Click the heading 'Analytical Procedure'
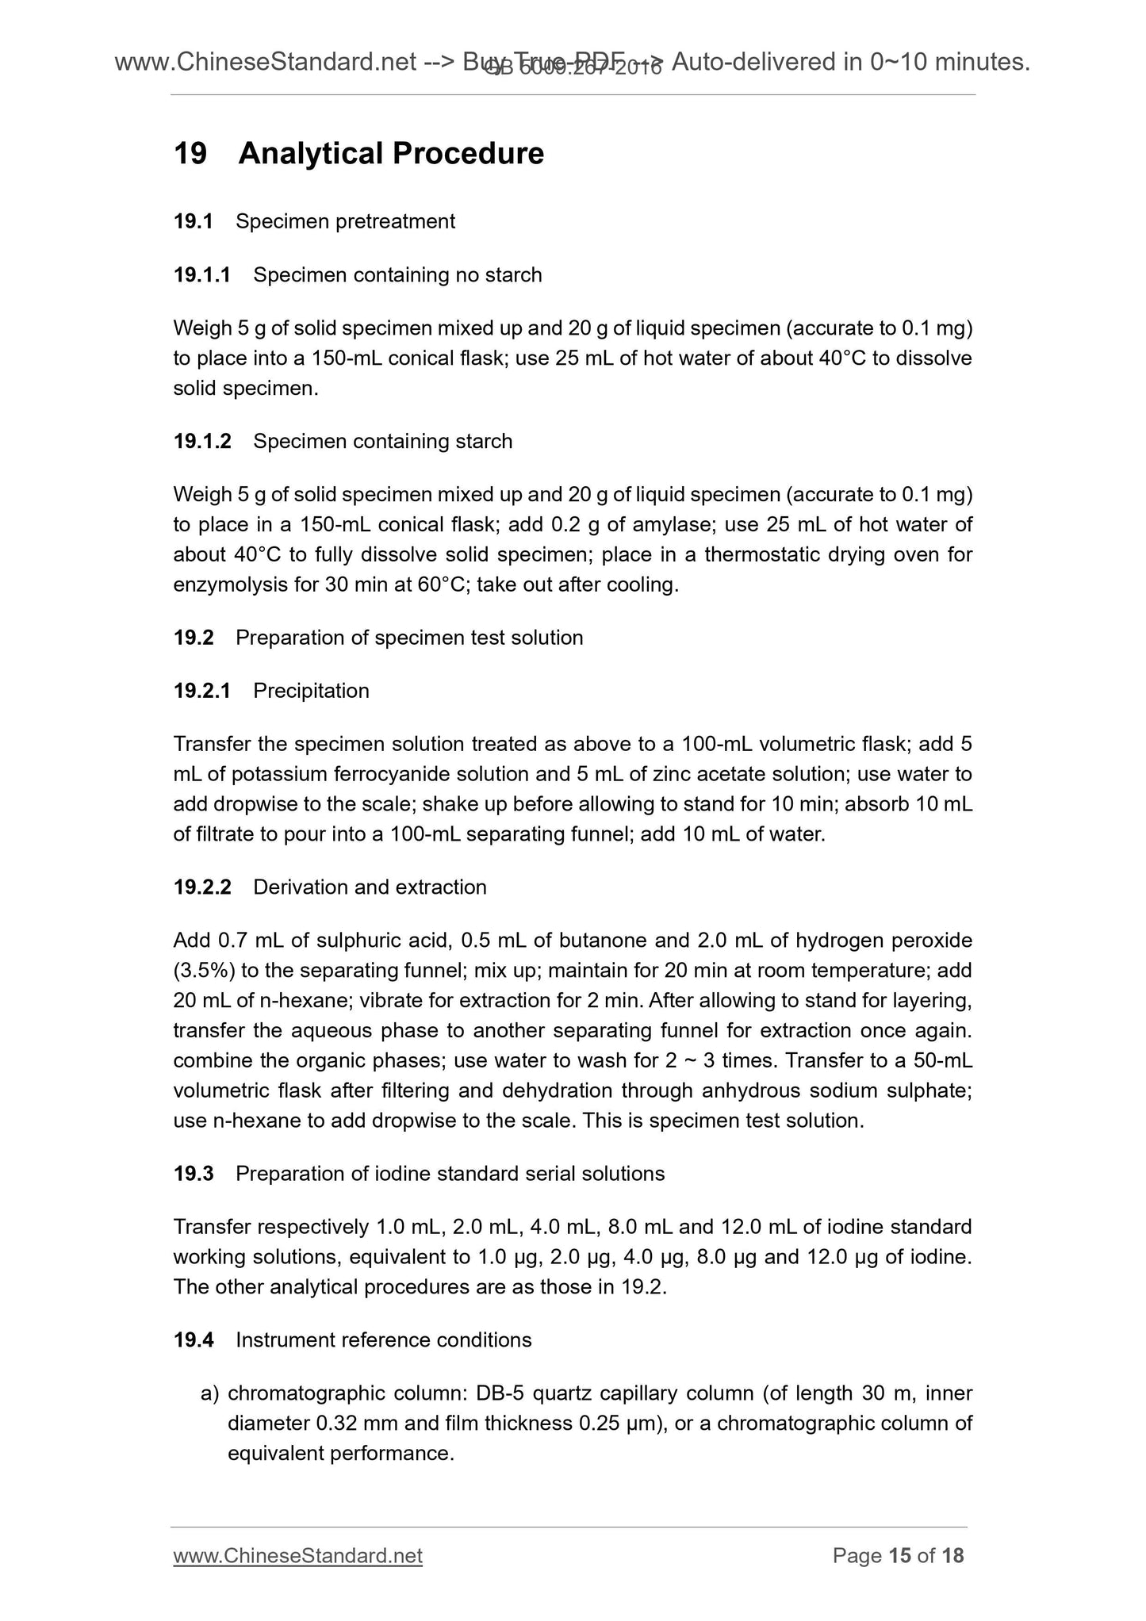[391, 153]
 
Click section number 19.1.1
[202, 275]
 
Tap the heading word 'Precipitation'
[311, 691]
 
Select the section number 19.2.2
[202, 887]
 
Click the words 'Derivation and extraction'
[370, 887]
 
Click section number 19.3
[194, 1174]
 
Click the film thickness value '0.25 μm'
[615, 1424]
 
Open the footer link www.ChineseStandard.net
[297, 1556]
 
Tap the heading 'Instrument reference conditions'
[383, 1340]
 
